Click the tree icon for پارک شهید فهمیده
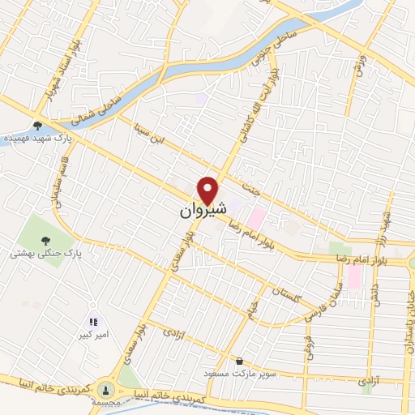37,126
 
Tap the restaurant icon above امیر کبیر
93,322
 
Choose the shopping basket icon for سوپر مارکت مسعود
238,361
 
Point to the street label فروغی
307,347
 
